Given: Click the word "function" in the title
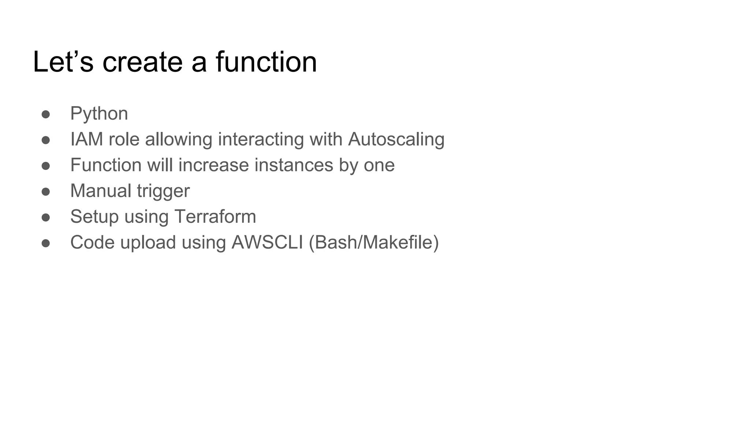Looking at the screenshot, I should (266, 62).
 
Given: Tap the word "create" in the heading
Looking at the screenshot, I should (142, 62).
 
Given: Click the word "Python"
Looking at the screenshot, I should (99, 114).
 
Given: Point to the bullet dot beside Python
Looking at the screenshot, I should (46, 114).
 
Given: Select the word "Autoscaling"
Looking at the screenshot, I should (396, 139).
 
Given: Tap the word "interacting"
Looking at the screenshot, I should (261, 139).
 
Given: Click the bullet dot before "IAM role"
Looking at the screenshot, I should (46, 140).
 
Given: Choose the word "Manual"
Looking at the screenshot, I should (101, 190).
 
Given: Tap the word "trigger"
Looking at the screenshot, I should (163, 191).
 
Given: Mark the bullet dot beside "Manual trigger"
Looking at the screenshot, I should (46, 192).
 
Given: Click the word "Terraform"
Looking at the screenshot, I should (215, 216).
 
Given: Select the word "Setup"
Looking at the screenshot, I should (94, 217).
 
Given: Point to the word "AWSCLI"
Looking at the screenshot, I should (267, 242).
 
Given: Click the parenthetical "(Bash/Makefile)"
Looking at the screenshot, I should (374, 242).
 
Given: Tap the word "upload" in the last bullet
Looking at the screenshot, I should (148, 243).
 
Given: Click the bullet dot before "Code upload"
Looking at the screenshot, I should (46, 243).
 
